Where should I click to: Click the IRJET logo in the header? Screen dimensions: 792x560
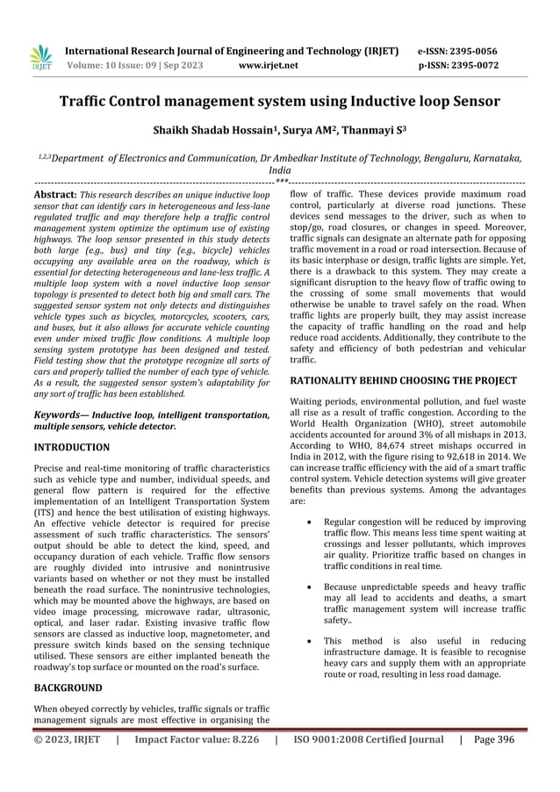pos(41,57)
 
